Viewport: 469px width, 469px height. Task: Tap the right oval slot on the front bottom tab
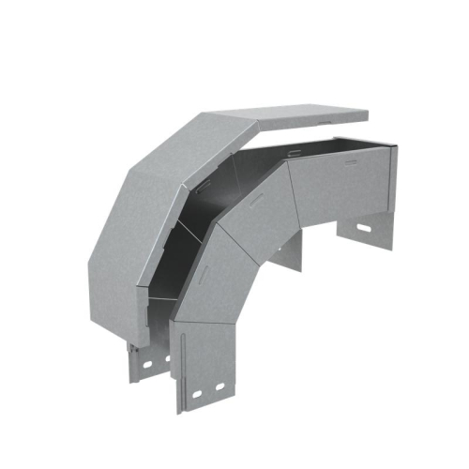click(220, 386)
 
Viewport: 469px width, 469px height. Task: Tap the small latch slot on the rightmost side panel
click(351, 162)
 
